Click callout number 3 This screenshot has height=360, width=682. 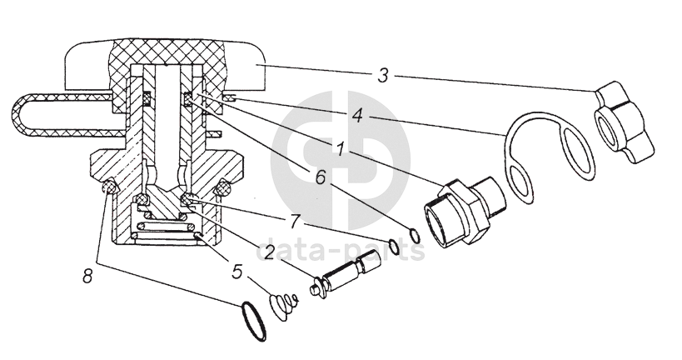[x=382, y=75]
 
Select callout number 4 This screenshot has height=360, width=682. [x=357, y=115]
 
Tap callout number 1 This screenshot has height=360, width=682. [x=341, y=148]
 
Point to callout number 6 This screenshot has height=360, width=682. [x=320, y=177]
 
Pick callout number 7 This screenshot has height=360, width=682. [x=295, y=221]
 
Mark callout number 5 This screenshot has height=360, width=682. [x=236, y=272]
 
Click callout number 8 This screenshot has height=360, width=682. [x=88, y=276]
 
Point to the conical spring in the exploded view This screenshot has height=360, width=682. [x=283, y=306]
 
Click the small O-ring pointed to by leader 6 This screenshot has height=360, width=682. [x=415, y=236]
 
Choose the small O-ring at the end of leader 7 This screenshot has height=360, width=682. [x=394, y=247]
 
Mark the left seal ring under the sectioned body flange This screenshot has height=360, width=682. [x=110, y=187]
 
